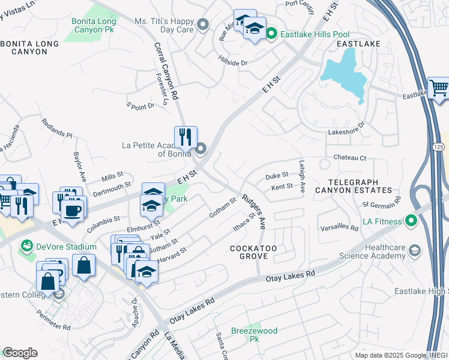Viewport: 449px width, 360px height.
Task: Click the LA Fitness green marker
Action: pos(411,221)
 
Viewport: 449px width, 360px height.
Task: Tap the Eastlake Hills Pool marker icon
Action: pos(271,34)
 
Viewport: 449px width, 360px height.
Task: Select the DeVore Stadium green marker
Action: pos(26,245)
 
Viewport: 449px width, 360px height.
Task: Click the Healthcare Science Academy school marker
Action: pos(414,249)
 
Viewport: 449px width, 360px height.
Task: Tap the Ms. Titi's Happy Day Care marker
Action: pos(203,25)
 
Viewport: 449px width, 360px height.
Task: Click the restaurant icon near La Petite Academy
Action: pos(185,137)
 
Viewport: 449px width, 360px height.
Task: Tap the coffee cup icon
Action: pos(73,211)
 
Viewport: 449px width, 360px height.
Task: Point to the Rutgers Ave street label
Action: pos(255,210)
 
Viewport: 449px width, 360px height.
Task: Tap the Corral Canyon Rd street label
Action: pos(166,70)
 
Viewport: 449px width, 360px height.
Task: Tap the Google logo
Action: pos(20,353)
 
